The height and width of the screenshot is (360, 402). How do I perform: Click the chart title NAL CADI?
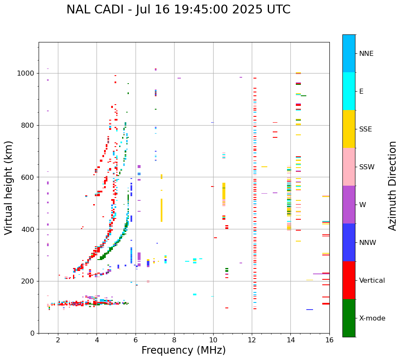tap(178, 10)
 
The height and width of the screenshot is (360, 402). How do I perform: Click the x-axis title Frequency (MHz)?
tap(183, 350)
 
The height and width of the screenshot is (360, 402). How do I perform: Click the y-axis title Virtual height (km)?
tap(9, 187)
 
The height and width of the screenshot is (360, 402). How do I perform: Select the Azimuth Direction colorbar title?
tap(392, 186)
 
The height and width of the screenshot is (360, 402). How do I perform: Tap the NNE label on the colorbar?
tap(366, 54)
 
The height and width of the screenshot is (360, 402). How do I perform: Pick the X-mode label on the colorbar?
tap(372, 318)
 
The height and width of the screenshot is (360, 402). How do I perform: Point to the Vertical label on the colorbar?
tap(372, 281)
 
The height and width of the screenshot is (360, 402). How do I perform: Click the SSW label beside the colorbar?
tap(367, 167)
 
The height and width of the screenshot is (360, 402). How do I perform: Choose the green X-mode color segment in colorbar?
tap(349, 318)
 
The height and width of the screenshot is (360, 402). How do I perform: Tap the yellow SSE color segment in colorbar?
tap(349, 129)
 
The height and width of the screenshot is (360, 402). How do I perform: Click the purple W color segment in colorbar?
tap(349, 205)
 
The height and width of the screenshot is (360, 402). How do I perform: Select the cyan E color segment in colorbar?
tap(349, 91)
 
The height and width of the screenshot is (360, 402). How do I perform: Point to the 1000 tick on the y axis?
tap(28, 74)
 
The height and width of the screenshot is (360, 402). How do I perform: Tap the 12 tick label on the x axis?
tap(252, 340)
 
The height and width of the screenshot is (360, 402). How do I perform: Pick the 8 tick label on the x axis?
tap(174, 340)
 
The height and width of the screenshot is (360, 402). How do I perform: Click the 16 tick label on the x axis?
tap(329, 340)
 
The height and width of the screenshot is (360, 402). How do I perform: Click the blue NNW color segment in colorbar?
tap(349, 242)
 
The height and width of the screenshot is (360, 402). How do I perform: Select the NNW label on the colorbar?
tap(368, 243)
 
